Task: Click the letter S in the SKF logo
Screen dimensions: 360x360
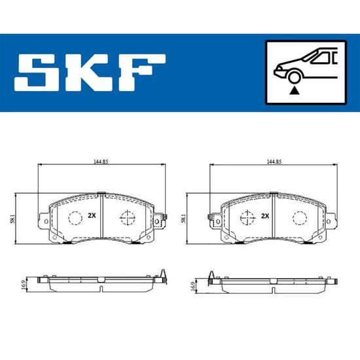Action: (x=37, y=72)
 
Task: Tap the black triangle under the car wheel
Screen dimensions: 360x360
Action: (x=294, y=91)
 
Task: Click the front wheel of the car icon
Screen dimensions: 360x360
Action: (x=294, y=77)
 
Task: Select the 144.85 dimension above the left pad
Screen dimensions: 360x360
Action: (x=101, y=162)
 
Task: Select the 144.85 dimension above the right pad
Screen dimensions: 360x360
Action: (x=274, y=162)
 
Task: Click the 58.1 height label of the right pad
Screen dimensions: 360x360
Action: (x=183, y=219)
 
